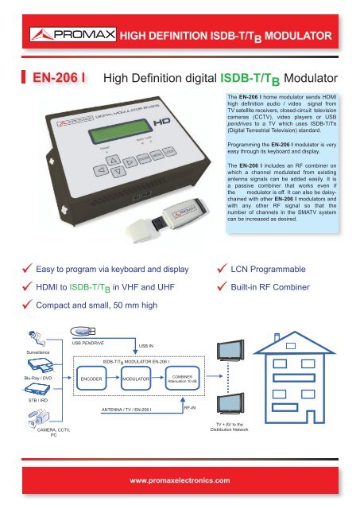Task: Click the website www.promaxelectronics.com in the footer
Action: [x=179, y=480]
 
